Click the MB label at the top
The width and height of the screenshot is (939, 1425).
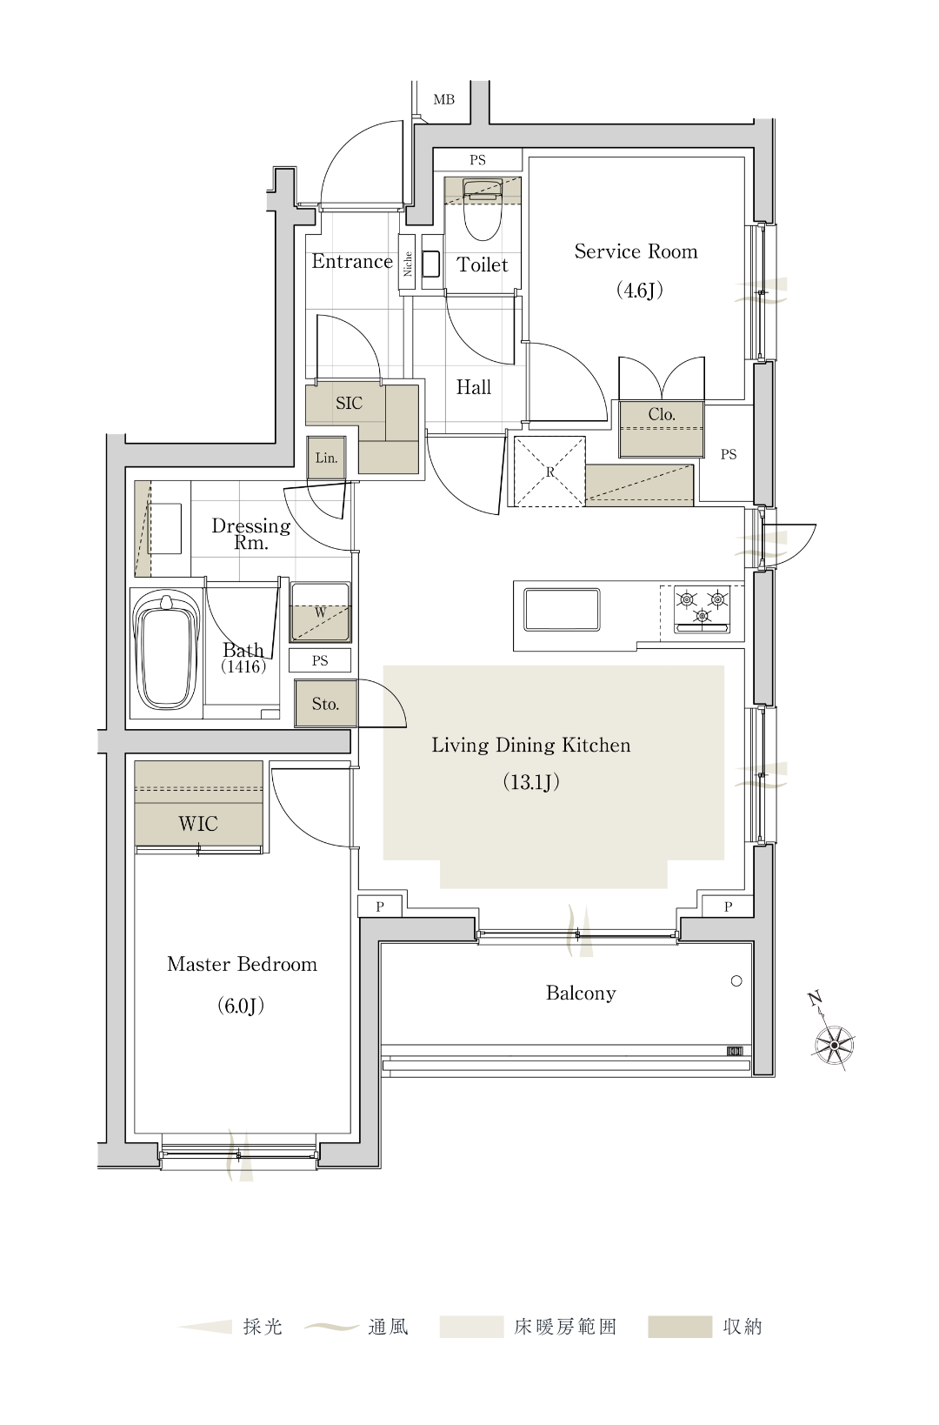[x=443, y=100]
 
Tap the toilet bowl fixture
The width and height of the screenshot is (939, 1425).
[x=482, y=211]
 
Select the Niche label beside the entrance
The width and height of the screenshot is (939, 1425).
[x=408, y=264]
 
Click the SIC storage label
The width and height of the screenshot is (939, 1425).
[x=349, y=403]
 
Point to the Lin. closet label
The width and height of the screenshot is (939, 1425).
[x=326, y=458]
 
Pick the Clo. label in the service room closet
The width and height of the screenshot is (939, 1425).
[x=661, y=414]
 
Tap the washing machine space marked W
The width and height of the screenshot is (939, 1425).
[x=321, y=612]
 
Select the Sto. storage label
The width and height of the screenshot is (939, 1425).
[x=325, y=704]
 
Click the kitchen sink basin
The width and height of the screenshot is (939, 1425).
[x=562, y=610]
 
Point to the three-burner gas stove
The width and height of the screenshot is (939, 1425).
[x=702, y=611]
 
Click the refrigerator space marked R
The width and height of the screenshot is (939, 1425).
[x=549, y=472]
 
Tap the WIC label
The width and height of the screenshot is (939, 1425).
[x=198, y=824]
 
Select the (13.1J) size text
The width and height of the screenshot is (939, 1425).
[x=531, y=782]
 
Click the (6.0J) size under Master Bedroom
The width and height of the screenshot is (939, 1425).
[x=240, y=1006]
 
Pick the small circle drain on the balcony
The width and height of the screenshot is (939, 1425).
[x=736, y=981]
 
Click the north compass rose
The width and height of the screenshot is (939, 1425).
[x=832, y=1044]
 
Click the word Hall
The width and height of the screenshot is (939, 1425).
[x=474, y=387]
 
